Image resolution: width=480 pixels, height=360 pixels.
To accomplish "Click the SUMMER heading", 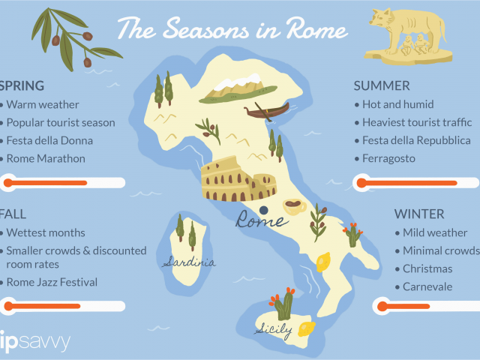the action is (x=382, y=86).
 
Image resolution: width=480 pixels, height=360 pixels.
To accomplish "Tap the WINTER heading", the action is (x=419, y=214).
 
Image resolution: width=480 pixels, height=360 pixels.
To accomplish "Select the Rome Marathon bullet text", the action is (x=46, y=158).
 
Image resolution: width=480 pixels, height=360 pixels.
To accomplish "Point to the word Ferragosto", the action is (x=388, y=158).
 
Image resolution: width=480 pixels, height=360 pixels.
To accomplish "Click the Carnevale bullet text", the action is (x=427, y=286).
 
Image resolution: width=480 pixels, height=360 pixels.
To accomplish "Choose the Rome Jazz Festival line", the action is (x=52, y=282).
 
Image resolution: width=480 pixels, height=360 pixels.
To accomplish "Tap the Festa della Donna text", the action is (x=49, y=140).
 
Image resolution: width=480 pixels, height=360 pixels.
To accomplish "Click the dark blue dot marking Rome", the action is (x=263, y=210).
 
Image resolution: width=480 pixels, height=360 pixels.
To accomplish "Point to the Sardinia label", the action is (x=189, y=262).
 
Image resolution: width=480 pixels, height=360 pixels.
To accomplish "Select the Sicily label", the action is (x=273, y=331).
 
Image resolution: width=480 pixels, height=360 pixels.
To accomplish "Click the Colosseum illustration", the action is (x=238, y=179).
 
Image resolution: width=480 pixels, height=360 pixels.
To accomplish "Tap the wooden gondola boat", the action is (x=267, y=111).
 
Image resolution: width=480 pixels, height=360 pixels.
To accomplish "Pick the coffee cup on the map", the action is (x=294, y=206).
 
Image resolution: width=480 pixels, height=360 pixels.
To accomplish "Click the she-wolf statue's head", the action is (x=379, y=18).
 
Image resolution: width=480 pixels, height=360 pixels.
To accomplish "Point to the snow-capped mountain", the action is (x=238, y=88).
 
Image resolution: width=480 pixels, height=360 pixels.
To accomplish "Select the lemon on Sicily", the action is (x=307, y=329).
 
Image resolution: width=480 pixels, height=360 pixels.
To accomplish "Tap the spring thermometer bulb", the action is (x=8, y=183).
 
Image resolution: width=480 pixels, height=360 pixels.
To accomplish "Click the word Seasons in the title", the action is (x=205, y=30).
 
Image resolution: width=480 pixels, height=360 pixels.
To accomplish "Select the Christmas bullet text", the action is (x=427, y=268).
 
